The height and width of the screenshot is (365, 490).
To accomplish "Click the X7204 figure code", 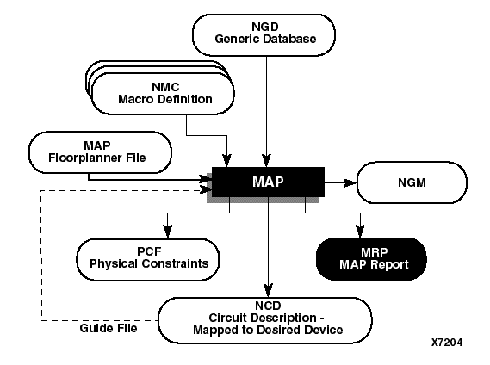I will pos(447,343).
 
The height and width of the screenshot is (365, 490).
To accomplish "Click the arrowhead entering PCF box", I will pos(169,232).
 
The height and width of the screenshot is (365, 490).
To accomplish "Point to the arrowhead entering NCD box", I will pos(270,292).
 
